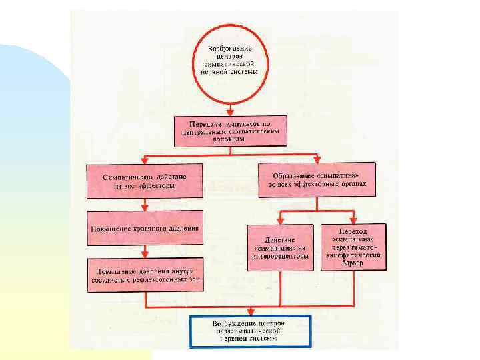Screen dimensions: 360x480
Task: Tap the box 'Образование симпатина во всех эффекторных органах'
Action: pyautogui.click(x=317, y=179)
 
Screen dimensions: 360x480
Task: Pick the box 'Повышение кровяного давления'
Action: pyautogui.click(x=144, y=229)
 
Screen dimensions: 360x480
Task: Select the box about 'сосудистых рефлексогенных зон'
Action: pyautogui.click(x=144, y=275)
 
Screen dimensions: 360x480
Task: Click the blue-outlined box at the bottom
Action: pyautogui.click(x=250, y=331)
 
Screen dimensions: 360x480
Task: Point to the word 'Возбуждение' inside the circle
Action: pyautogui.click(x=230, y=49)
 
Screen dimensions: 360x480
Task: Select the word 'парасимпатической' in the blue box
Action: pyautogui.click(x=250, y=331)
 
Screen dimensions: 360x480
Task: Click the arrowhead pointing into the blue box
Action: pyautogui.click(x=250, y=312)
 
